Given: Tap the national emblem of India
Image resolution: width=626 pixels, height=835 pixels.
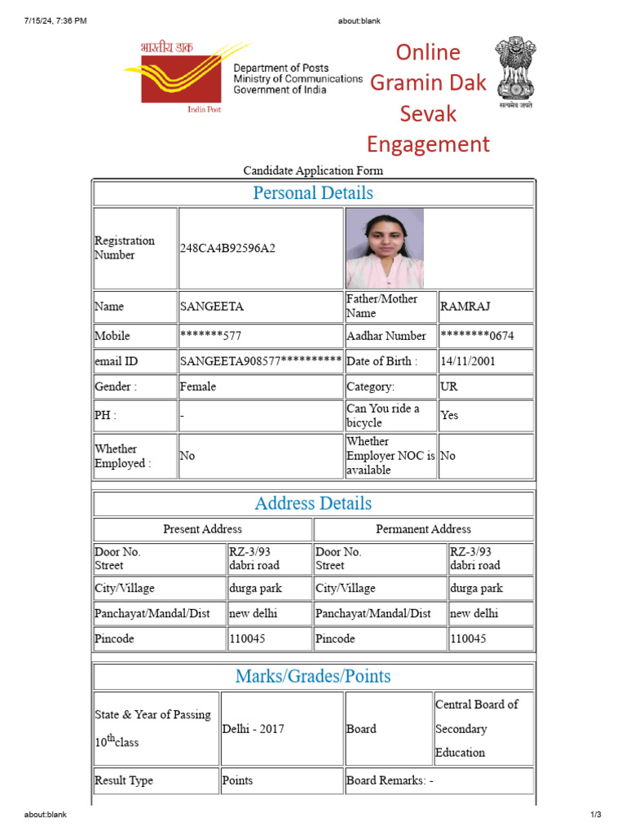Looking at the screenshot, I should click(515, 72).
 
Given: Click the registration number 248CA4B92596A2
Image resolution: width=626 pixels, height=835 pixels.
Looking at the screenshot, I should click(227, 248).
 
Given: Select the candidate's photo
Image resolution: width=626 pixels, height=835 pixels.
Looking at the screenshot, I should click(385, 248).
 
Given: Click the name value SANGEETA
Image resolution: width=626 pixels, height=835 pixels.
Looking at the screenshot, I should click(212, 307).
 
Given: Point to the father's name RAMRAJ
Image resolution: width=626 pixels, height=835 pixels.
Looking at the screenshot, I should click(465, 307).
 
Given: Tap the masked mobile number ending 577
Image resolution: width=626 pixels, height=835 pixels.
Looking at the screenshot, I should click(210, 336).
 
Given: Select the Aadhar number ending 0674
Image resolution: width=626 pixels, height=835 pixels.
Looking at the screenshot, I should click(477, 336).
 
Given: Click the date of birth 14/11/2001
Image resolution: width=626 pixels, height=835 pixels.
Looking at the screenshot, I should click(467, 361).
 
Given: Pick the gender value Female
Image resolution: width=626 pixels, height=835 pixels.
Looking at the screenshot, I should click(198, 387).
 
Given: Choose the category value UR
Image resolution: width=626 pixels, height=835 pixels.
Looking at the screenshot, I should click(449, 387).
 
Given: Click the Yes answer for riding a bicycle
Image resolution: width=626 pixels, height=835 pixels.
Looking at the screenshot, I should click(449, 415).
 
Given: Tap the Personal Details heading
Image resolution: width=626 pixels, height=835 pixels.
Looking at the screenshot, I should click(313, 193).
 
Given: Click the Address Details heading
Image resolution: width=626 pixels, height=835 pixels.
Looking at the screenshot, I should click(313, 503).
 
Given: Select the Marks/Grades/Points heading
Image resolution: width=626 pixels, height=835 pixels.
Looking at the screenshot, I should click(313, 676).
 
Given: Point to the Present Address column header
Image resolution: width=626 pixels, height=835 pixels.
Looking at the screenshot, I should click(202, 529).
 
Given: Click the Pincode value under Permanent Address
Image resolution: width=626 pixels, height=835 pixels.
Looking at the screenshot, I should click(468, 638).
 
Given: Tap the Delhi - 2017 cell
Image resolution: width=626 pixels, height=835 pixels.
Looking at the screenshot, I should click(253, 729).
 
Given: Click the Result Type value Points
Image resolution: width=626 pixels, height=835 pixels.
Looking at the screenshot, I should click(238, 780).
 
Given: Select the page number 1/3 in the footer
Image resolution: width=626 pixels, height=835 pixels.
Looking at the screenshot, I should click(595, 815).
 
